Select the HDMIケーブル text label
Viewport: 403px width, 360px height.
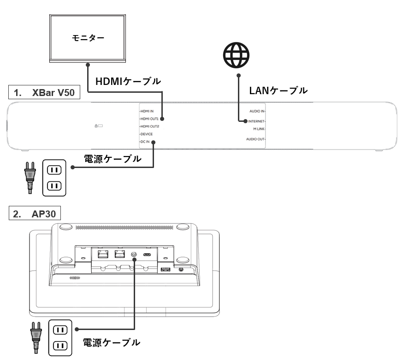pyautogui.click(x=128, y=81)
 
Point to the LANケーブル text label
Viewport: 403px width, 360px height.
pyautogui.click(x=278, y=91)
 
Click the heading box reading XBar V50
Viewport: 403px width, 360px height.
pyautogui.click(x=44, y=93)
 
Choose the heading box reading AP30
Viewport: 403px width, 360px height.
pyautogui.click(x=35, y=214)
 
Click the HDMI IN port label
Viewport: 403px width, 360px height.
pyautogui.click(x=147, y=111)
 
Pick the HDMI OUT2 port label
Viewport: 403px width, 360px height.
pyautogui.click(x=149, y=126)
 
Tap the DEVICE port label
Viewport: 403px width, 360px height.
pyautogui.click(x=147, y=134)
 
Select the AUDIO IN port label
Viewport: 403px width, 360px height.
pyautogui.click(x=257, y=111)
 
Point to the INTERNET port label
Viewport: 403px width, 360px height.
pyautogui.click(x=256, y=121)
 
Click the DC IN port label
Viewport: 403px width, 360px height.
pyautogui.click(x=145, y=142)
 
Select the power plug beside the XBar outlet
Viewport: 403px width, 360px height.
pyautogui.click(x=30, y=176)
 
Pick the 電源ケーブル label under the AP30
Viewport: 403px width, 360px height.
pyautogui.click(x=111, y=342)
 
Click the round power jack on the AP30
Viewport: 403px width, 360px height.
pyautogui.click(x=134, y=253)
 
